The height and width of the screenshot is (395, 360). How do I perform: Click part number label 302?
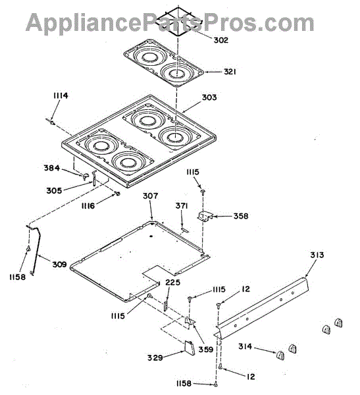(220, 40)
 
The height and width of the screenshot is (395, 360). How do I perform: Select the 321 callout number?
(230, 72)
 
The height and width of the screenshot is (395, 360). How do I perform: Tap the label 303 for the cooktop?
(209, 97)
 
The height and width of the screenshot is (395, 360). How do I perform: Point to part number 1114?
(61, 95)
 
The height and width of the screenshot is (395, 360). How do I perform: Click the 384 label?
(52, 168)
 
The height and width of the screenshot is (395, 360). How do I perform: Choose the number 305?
(54, 191)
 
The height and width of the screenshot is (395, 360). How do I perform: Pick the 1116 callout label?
(88, 206)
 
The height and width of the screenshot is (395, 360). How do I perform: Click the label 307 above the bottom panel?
(151, 196)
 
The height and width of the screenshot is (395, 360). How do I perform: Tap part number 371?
(182, 206)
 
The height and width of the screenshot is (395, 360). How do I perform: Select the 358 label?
(241, 216)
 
